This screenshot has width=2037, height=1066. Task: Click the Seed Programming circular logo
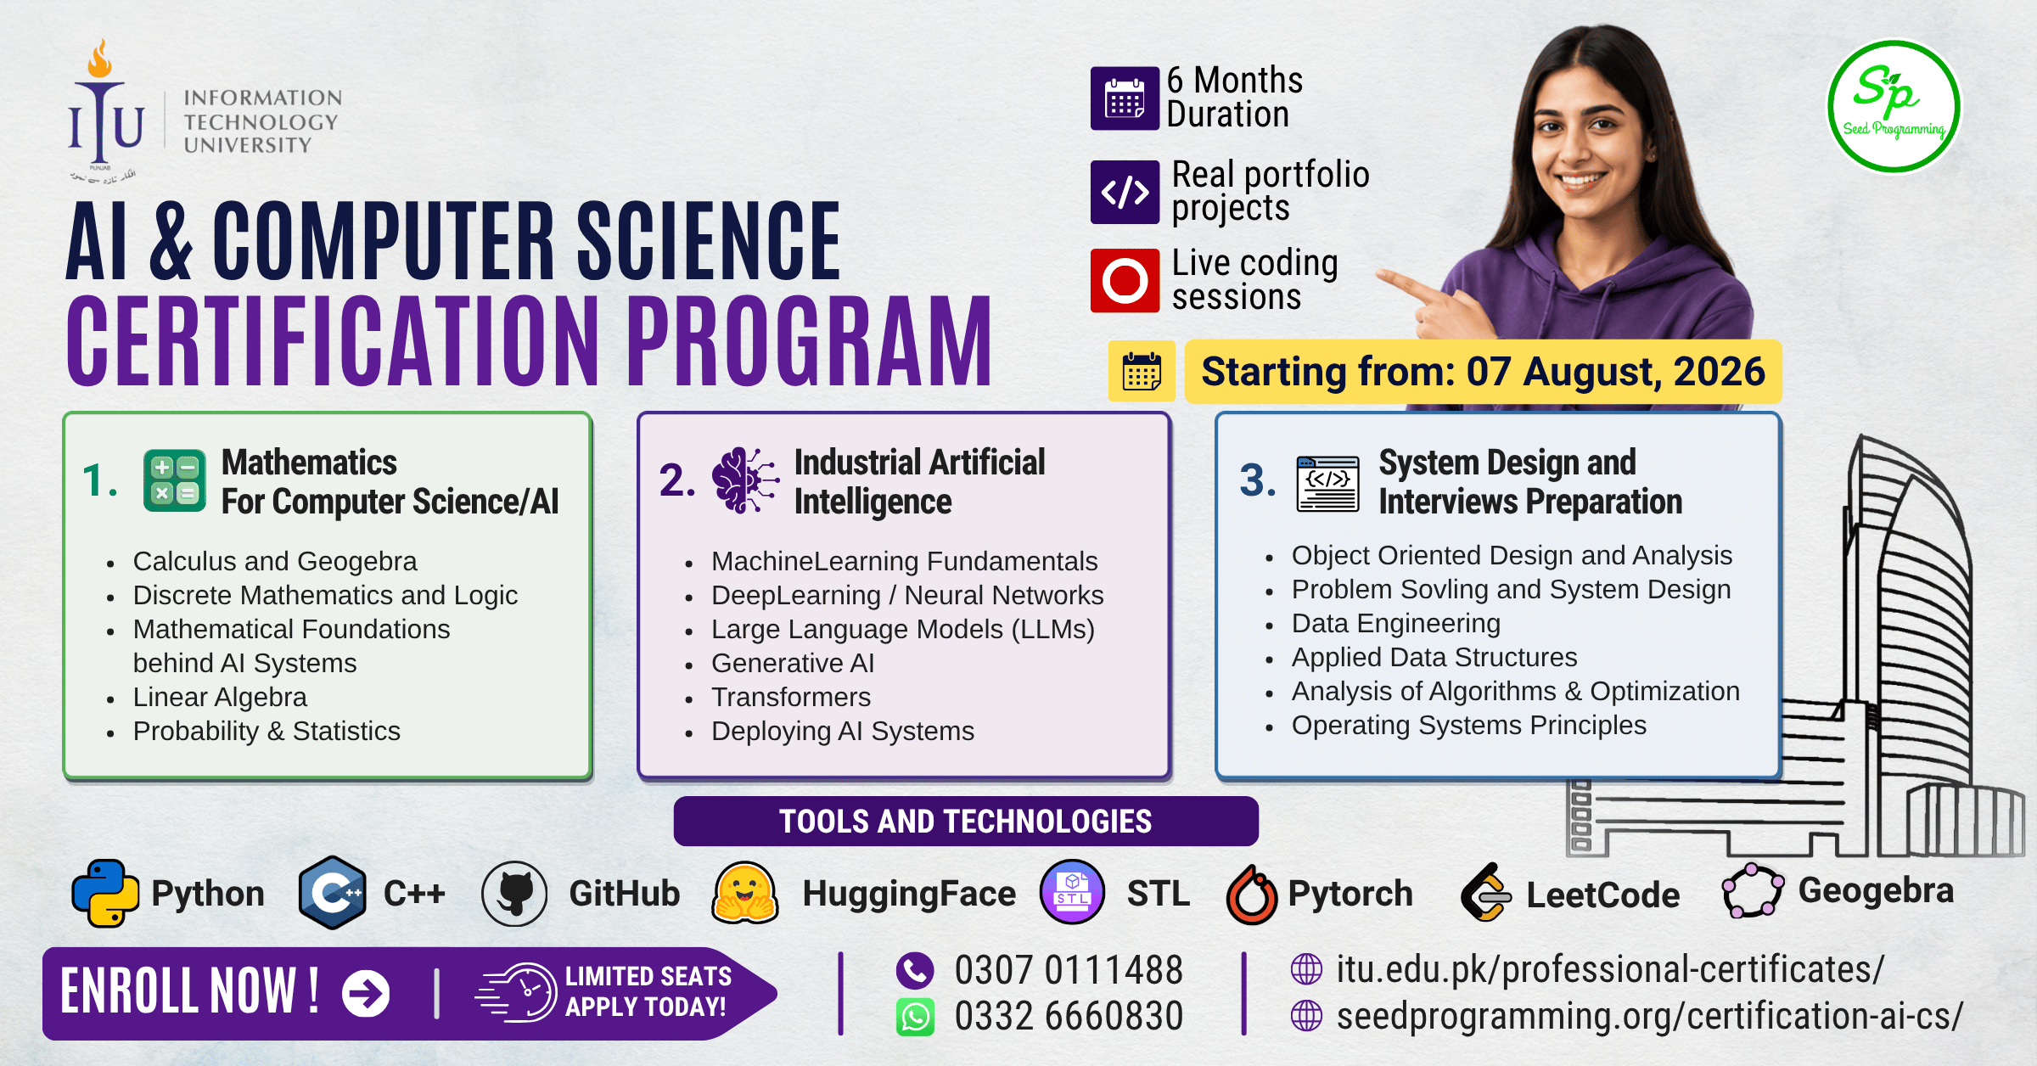[x=1894, y=107]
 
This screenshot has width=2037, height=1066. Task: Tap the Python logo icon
[x=106, y=893]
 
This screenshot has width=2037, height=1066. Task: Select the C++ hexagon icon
[x=333, y=893]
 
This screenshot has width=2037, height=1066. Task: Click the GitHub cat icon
[x=514, y=894]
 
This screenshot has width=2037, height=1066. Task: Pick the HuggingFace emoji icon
[x=745, y=893]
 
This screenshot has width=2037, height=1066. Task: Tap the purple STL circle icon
[x=1072, y=892]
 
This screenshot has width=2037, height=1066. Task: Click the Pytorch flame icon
[x=1252, y=894]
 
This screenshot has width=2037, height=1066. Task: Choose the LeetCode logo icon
[x=1485, y=892]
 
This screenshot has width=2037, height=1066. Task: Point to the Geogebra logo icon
[x=1753, y=890]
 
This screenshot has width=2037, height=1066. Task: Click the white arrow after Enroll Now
[x=366, y=993]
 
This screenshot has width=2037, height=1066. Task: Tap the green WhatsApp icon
[x=915, y=1017]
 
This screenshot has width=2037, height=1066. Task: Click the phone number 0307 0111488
[x=1069, y=970]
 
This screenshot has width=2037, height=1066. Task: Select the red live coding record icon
[x=1125, y=280]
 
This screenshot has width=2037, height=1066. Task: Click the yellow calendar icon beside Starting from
[x=1142, y=372]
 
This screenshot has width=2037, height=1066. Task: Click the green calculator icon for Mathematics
[x=175, y=480]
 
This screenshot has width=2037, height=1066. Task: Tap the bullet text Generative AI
[x=793, y=663]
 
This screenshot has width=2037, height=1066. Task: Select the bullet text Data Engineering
[x=1396, y=623]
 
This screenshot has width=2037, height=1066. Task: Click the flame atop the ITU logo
[x=100, y=58]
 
